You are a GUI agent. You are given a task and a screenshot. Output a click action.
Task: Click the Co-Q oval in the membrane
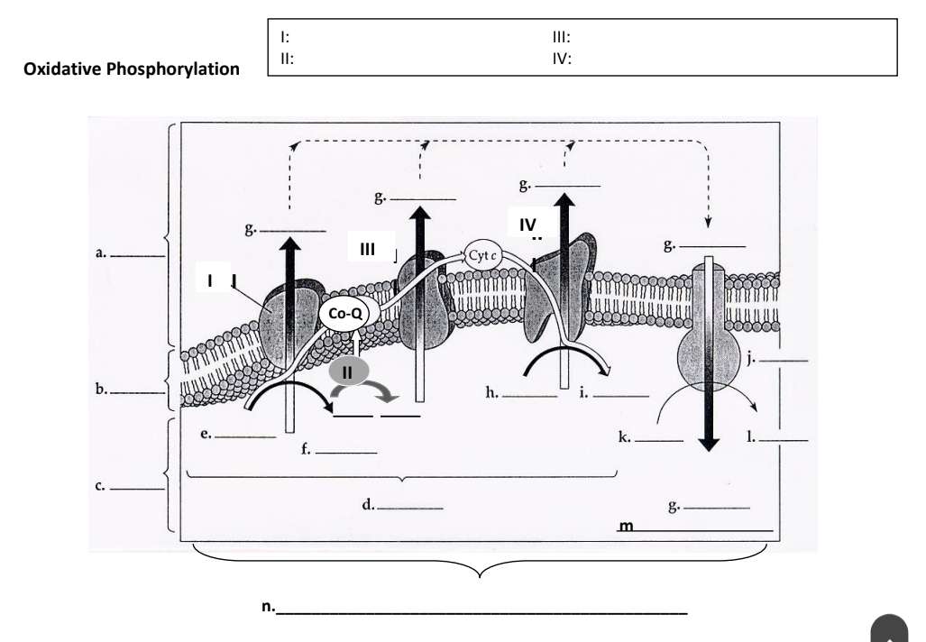point(345,312)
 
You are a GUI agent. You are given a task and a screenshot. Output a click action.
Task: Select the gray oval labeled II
point(348,372)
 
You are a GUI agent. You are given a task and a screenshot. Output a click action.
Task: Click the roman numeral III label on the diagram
point(368,249)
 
